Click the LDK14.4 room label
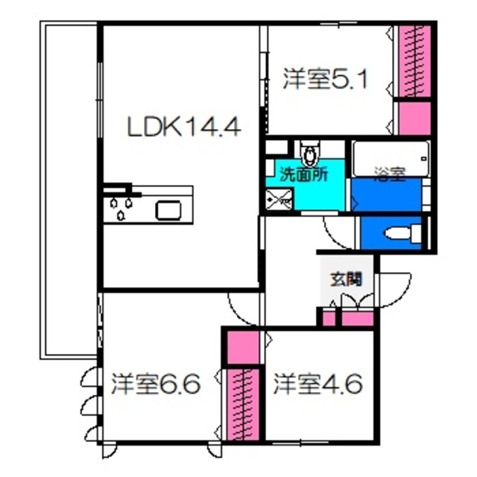tap(183, 127)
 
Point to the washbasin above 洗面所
tap(309, 155)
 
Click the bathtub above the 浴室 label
tap(391, 157)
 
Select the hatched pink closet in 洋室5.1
tap(413, 61)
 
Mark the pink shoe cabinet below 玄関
tap(356, 318)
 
